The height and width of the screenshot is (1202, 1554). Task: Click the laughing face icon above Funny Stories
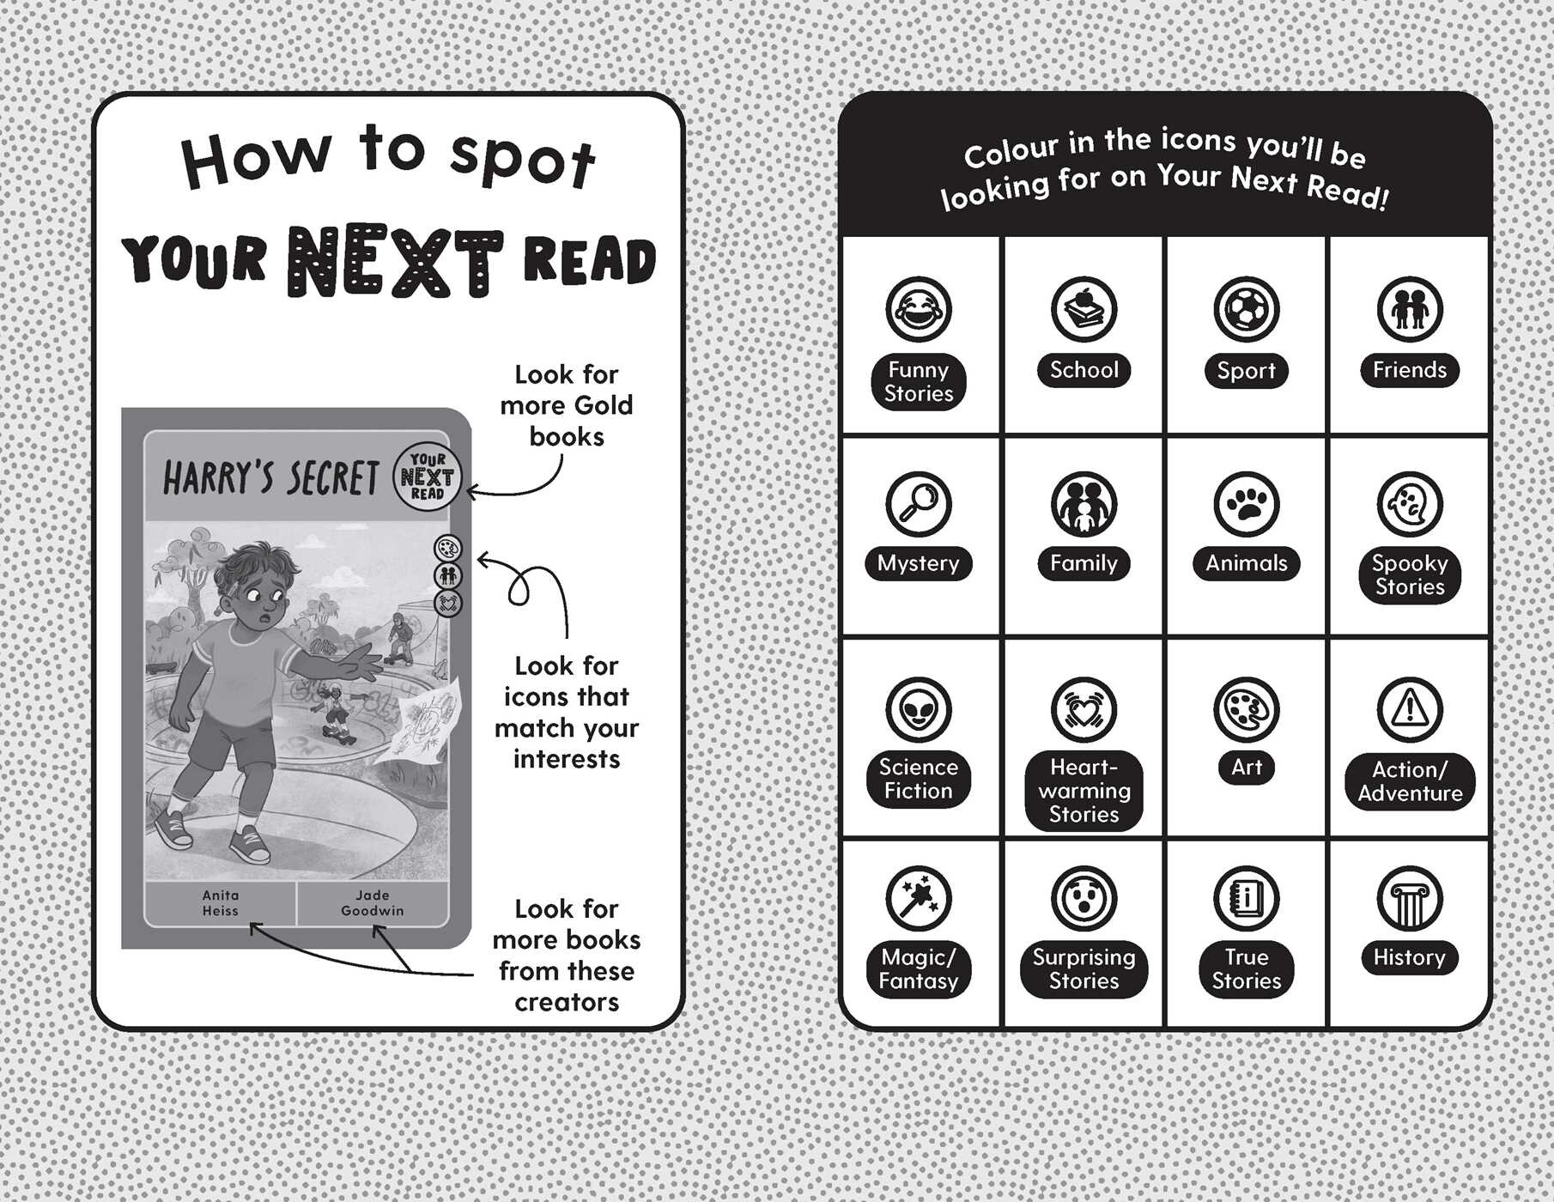tap(919, 309)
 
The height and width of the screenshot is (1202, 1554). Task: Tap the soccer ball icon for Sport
tap(1247, 309)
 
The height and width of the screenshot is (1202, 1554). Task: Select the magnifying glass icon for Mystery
tap(919, 504)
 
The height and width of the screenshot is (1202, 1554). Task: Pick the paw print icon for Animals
tap(1247, 504)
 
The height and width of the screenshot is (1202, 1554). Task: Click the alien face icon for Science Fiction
tap(919, 710)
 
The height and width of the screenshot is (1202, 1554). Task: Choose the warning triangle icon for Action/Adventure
tap(1410, 710)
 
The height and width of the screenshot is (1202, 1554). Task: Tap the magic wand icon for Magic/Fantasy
tap(919, 899)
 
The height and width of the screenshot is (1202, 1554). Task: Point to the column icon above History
tap(1410, 899)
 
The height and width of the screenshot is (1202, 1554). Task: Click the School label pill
tap(1084, 370)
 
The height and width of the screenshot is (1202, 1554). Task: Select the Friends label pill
tap(1410, 370)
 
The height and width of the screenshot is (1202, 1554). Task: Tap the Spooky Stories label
tap(1410, 575)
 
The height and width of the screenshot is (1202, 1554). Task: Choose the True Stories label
tap(1247, 969)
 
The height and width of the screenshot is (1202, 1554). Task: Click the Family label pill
tap(1084, 563)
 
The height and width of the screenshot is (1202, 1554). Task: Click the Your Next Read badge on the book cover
tap(428, 477)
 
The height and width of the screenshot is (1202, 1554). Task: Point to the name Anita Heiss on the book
tap(221, 902)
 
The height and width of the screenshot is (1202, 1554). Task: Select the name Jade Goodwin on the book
tap(373, 902)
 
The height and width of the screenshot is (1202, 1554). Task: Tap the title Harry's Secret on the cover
tap(270, 478)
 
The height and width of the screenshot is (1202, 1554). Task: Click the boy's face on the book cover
tap(264, 598)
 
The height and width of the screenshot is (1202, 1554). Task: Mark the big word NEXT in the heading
tap(399, 261)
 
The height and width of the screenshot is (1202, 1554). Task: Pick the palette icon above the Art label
tap(1247, 710)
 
